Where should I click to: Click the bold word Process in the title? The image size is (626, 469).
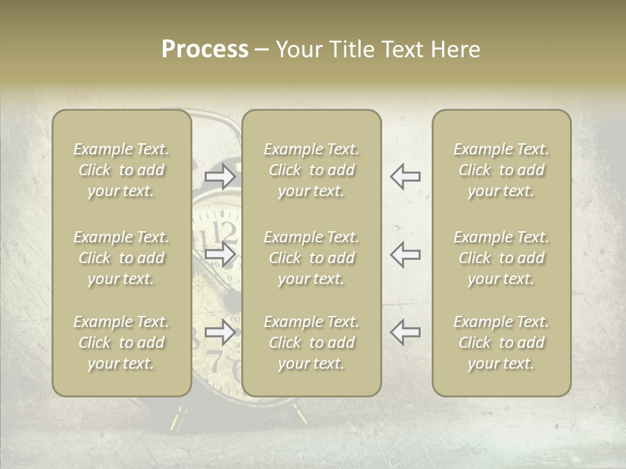pyautogui.click(x=205, y=50)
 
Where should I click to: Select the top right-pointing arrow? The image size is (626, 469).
pyautogui.click(x=220, y=176)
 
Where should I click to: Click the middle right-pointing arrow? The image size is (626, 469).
pyautogui.click(x=220, y=254)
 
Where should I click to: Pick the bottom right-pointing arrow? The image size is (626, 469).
pyautogui.click(x=220, y=333)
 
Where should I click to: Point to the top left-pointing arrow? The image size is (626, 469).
pyautogui.click(x=406, y=176)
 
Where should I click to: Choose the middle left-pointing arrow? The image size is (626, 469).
pyautogui.click(x=406, y=254)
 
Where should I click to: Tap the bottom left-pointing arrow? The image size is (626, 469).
pyautogui.click(x=406, y=333)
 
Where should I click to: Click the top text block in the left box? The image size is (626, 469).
pyautogui.click(x=121, y=170)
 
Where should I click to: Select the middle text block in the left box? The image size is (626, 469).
pyautogui.click(x=121, y=258)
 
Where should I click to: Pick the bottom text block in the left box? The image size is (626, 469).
pyautogui.click(x=121, y=343)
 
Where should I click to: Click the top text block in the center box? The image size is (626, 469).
pyautogui.click(x=311, y=170)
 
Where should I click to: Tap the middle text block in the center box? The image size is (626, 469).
pyautogui.click(x=311, y=258)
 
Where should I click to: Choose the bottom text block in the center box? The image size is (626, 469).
pyautogui.click(x=311, y=343)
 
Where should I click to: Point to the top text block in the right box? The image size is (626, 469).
pyautogui.click(x=501, y=170)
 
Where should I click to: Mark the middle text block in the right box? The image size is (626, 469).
pyautogui.click(x=501, y=258)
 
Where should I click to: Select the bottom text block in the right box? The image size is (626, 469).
pyautogui.click(x=501, y=343)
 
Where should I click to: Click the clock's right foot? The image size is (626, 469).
pyautogui.click(x=299, y=412)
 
